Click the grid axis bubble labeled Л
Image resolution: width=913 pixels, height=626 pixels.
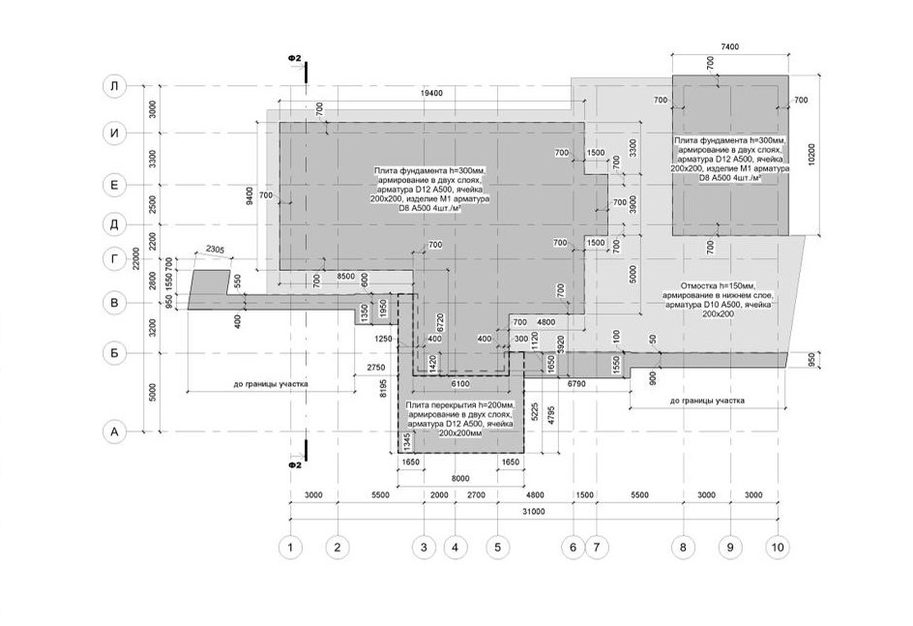click(114, 86)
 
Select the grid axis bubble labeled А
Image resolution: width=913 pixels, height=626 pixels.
click(114, 432)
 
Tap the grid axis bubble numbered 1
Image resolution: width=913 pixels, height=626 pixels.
click(289, 548)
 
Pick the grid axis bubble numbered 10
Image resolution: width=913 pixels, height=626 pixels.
click(777, 548)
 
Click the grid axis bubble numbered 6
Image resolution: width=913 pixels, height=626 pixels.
click(573, 548)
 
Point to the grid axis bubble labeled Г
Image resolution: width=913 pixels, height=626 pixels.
click(114, 259)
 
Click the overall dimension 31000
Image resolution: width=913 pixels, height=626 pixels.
click(533, 513)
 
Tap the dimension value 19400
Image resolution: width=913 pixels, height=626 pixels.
click(431, 93)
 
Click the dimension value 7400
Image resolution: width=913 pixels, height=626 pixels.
click(729, 46)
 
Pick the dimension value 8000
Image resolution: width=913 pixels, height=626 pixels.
click(460, 477)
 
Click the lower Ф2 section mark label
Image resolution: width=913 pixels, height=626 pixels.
click(296, 465)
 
